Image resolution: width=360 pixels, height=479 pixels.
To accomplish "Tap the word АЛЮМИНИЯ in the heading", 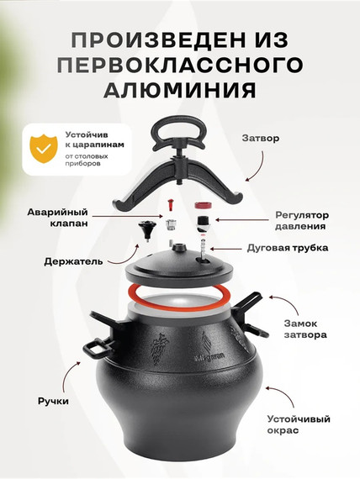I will (180, 89).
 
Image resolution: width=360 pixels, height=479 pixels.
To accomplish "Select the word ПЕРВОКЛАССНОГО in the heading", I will (180, 65).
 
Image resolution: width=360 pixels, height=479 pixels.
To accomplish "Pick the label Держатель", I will (73, 261).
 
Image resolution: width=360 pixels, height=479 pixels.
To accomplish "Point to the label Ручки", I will (54, 401).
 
